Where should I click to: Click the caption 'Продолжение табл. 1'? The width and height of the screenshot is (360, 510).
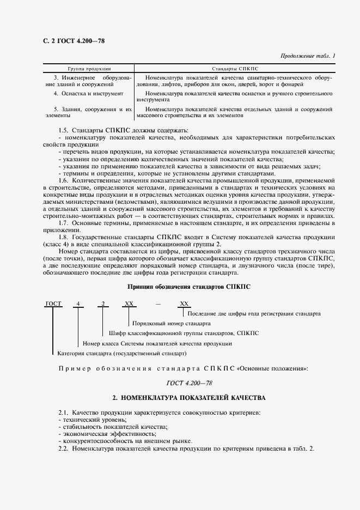[308, 56]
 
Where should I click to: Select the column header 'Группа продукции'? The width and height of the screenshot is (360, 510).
[89, 70]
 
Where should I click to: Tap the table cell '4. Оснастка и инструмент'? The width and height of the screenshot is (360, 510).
[81, 94]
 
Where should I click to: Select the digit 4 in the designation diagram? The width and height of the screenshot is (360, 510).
[78, 304]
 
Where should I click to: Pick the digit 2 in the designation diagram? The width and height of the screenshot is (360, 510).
[102, 304]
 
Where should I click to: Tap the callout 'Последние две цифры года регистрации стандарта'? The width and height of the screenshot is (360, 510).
[254, 313]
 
